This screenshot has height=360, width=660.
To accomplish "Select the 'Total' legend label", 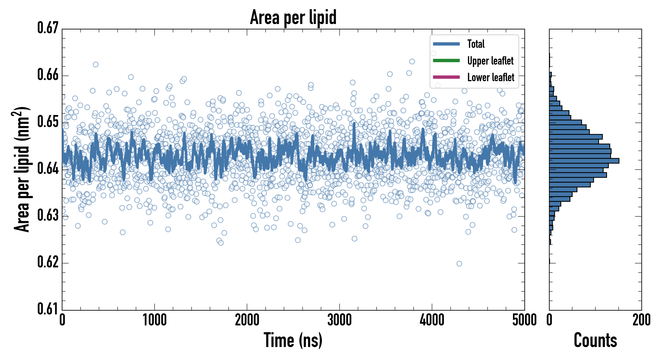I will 476,44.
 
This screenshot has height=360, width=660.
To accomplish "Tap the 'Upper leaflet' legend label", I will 490,61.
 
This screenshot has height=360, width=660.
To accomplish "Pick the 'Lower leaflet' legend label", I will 491,77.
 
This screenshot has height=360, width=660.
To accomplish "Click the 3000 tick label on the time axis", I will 339,320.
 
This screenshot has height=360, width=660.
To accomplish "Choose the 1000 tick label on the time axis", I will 154,320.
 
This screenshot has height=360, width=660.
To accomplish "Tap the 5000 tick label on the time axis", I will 524,320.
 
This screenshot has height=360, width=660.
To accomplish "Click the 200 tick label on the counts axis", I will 641,320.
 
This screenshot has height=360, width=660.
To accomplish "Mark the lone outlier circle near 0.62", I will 459,264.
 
